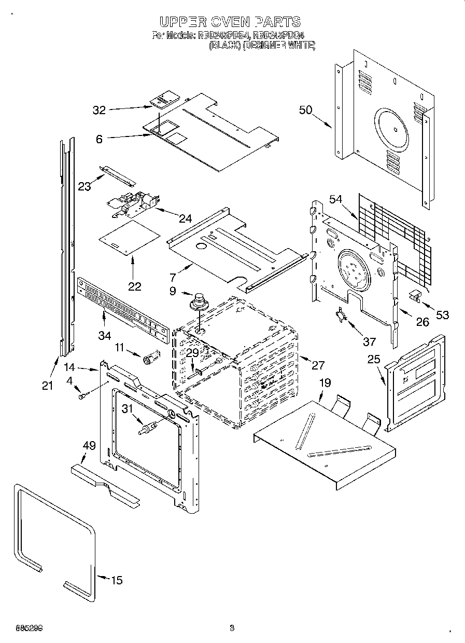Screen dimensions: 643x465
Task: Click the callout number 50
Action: tap(306, 110)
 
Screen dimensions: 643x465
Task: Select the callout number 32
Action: tap(99, 110)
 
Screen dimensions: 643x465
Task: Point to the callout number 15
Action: tap(117, 580)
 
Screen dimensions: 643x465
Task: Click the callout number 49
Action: tap(90, 445)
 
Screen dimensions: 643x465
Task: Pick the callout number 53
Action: tap(442, 314)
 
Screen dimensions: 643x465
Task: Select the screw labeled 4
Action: tap(82, 396)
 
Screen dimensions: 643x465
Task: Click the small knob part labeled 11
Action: tap(151, 358)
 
